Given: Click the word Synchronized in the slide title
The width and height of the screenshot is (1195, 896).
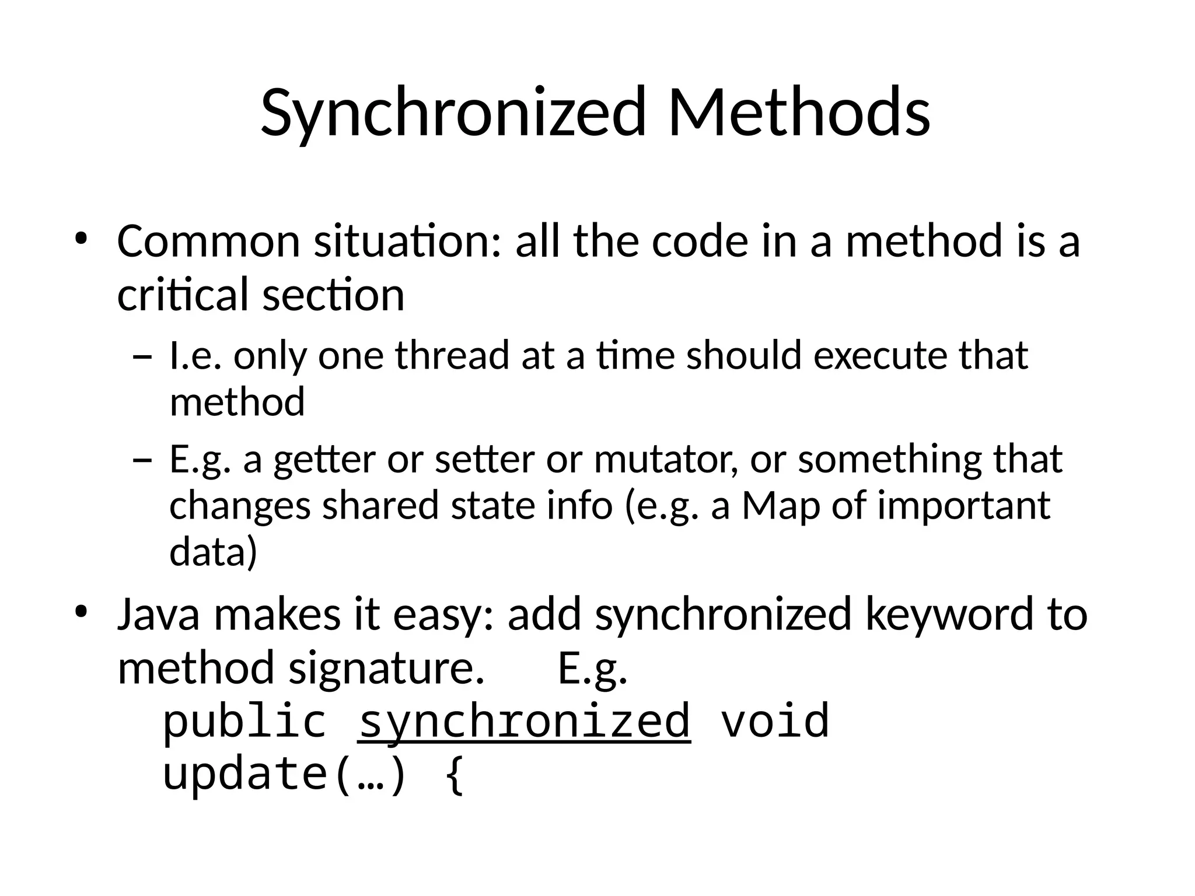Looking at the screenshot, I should [x=453, y=112].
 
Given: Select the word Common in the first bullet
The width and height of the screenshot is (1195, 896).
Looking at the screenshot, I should [x=208, y=241].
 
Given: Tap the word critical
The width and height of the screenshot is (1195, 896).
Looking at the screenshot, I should [x=183, y=294].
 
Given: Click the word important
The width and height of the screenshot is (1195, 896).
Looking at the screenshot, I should [x=963, y=505].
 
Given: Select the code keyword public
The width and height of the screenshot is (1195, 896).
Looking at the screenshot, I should [x=244, y=722].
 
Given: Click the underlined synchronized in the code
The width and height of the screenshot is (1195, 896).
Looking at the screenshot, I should [x=524, y=722].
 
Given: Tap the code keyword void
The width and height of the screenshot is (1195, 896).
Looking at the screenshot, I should [x=775, y=722].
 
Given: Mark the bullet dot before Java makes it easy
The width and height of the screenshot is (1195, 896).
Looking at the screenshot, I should [x=81, y=612].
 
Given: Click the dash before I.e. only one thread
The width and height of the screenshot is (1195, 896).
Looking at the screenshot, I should [x=142, y=356].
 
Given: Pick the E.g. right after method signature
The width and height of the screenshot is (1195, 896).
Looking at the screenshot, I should [x=592, y=668].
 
